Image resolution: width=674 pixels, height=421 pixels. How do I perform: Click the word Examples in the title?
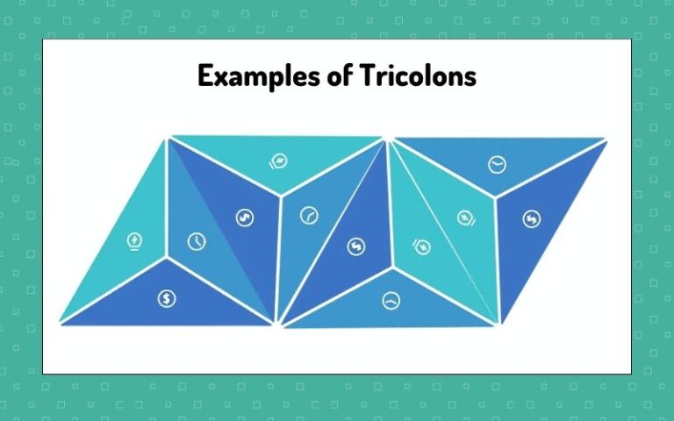(255, 76)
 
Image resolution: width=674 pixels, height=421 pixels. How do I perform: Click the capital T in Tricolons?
(369, 75)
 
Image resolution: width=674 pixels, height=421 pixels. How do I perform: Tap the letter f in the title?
(346, 75)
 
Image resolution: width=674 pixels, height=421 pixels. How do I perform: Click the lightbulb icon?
(134, 239)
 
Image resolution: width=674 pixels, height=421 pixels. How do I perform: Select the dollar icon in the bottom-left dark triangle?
(167, 298)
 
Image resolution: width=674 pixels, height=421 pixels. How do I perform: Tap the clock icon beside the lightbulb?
(197, 241)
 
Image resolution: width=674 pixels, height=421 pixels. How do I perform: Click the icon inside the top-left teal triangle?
(276, 161)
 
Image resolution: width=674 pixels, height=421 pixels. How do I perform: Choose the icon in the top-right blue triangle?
(497, 163)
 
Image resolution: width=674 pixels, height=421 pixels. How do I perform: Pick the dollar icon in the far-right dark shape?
(531, 219)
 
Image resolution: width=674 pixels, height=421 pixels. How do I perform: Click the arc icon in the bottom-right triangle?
(389, 300)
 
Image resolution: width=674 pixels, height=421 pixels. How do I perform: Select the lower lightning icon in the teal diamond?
(422, 248)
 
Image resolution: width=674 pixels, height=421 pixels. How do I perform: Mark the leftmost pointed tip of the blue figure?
(61, 322)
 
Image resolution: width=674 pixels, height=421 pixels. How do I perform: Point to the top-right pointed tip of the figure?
(606, 139)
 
